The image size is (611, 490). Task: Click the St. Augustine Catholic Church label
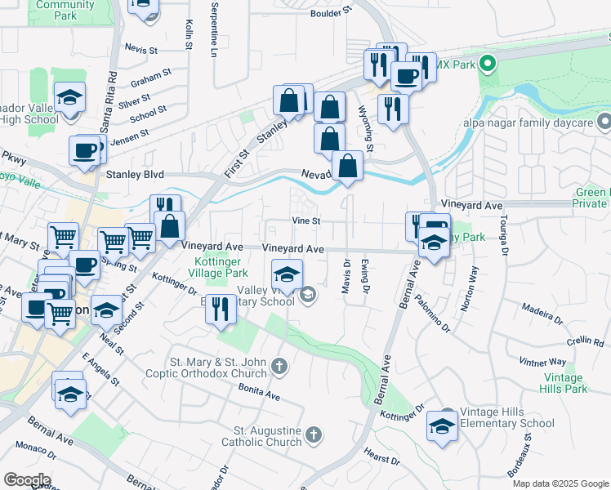268,437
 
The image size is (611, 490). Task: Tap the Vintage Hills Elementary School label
506,418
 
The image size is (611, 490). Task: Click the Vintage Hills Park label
564,383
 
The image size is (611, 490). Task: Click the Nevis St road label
140,50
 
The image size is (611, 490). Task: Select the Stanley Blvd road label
135,175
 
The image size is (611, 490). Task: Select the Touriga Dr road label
504,242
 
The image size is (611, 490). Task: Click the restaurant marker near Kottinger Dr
220,310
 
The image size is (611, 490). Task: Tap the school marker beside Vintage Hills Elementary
443,425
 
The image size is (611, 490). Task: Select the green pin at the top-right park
487,62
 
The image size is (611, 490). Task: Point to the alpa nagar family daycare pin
604,122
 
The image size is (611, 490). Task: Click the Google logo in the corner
27,480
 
